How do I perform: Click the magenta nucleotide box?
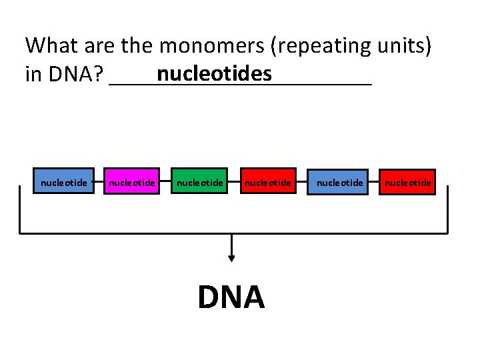pos(132,181)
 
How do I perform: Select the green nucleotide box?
pos(199,181)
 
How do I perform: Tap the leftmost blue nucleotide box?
pos(64,181)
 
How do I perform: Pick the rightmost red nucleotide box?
pos(407,181)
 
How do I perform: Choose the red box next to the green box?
pos(267,181)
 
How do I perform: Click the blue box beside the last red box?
pos(340,181)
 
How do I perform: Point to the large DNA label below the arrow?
pos(231,297)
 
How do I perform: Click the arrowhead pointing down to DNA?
pos(231,257)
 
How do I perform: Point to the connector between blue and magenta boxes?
pos(99,181)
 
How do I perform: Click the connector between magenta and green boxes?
pos(166,181)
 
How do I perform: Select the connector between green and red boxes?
pos(233,181)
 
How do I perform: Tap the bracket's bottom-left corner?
pos(19,233)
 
